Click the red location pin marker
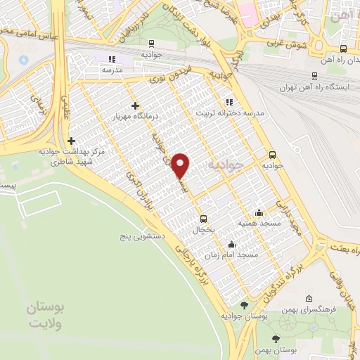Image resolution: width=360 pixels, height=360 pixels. click(181, 165)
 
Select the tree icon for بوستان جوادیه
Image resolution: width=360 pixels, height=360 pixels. click(243, 305)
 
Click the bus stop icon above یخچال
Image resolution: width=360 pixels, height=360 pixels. click(204, 218)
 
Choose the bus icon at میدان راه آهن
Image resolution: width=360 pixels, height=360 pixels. click(343, 49)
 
